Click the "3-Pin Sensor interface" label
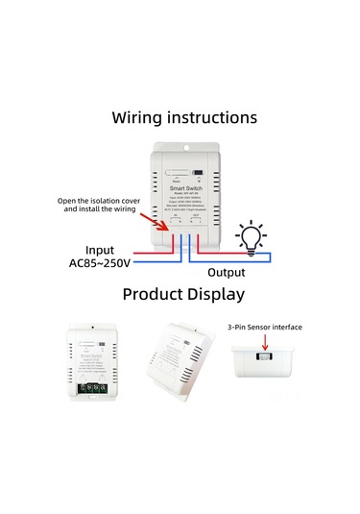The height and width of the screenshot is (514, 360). click(x=264, y=327)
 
